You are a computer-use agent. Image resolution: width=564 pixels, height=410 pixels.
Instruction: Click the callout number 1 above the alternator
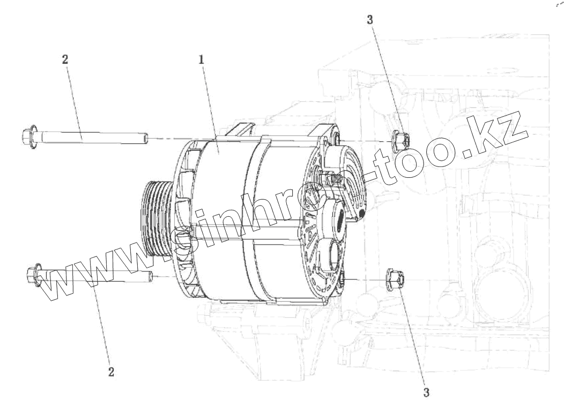tap(202, 59)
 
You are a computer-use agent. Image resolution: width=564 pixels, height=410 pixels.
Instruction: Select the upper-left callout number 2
tap(65, 59)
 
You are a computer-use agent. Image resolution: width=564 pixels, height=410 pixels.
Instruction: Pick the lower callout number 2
tap(111, 371)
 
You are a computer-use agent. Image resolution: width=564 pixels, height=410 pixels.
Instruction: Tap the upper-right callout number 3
tap(370, 20)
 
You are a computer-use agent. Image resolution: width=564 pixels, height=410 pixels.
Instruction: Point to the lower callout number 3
tap(426, 392)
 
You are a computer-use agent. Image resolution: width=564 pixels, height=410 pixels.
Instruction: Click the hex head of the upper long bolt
tap(29, 137)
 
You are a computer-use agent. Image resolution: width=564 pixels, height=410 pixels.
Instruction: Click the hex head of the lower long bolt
tap(34, 275)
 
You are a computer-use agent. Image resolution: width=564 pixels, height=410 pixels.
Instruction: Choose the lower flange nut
tap(395, 279)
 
